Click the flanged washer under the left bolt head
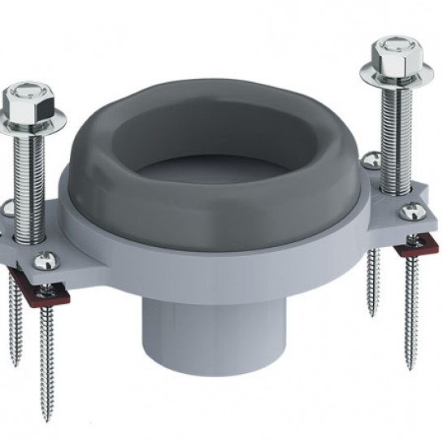pyautogui.click(x=30, y=121)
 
